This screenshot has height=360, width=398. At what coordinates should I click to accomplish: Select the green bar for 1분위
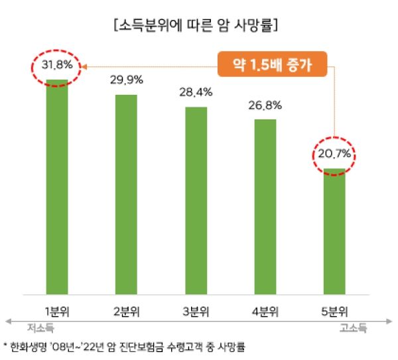coord(56,186)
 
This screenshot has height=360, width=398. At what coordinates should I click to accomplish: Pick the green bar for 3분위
coord(196,199)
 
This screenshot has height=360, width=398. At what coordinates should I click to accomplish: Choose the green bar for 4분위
coord(265,206)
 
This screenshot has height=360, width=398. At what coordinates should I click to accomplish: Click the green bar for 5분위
coord(335,232)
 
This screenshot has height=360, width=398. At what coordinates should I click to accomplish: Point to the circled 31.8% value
coord(56,66)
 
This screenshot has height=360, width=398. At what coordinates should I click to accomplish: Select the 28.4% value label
coord(196,93)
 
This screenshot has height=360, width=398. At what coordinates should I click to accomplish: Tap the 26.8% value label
coord(265,105)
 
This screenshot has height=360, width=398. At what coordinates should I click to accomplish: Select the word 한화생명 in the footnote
coord(28,346)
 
